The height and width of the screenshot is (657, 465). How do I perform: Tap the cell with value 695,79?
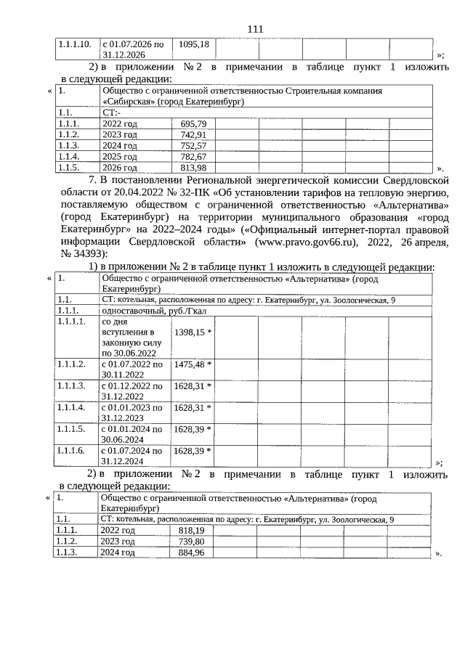(193, 124)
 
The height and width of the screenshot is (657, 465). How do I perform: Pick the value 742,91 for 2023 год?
(193, 135)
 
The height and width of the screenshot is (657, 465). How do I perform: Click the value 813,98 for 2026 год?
(193, 168)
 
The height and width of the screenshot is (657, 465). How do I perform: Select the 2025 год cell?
(119, 157)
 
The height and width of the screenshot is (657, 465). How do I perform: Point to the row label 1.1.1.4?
(71, 407)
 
